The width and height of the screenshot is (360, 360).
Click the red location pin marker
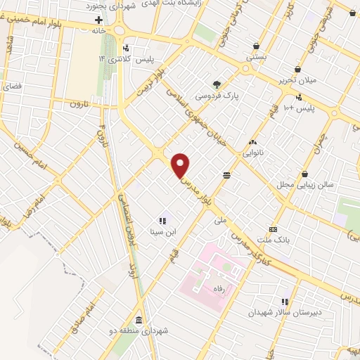181,165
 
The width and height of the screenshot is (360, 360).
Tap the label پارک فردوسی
214,94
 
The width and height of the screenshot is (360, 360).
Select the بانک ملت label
274,240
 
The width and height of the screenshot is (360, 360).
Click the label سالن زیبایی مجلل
304,185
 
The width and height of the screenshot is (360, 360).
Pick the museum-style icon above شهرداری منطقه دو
139,318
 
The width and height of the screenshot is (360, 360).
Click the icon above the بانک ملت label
274,229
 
